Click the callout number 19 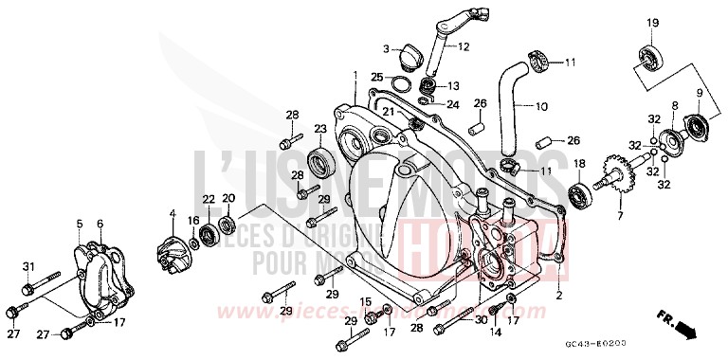point(652,23)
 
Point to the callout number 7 point(619,216)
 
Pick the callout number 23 point(320,129)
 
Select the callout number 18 point(576,165)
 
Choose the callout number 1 point(355,74)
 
